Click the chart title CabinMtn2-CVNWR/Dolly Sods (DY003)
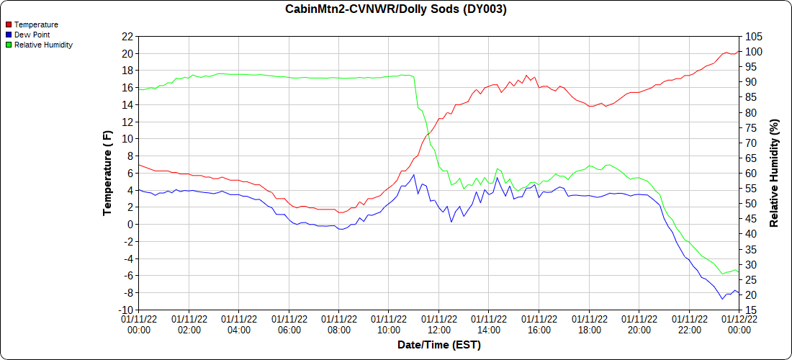396,9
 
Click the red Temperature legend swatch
9,24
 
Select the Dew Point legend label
32,35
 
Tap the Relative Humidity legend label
43,45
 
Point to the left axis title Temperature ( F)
108,173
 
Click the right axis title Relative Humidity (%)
775,173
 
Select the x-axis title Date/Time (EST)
438,345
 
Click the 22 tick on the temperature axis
127,36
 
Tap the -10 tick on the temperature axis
125,310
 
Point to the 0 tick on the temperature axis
130,224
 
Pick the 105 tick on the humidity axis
753,36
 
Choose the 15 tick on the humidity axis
750,310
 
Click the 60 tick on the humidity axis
750,173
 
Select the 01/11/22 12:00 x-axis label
439,324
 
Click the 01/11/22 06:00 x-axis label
289,324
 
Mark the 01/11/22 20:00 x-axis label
639,324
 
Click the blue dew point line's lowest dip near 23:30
722,299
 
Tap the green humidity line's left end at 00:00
139,89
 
